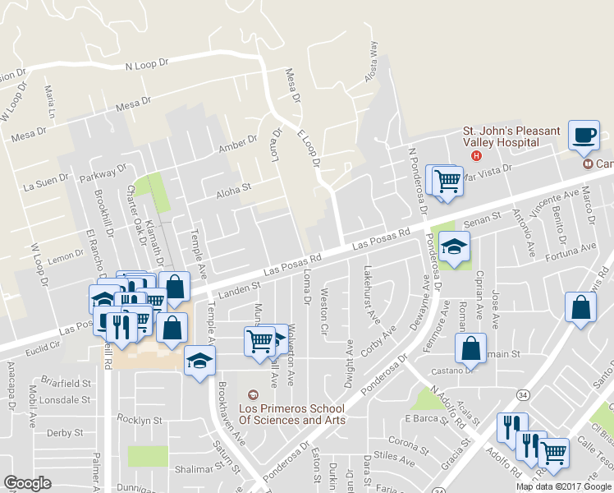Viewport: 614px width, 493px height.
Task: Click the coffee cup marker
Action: point(584,135)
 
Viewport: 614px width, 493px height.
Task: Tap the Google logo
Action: point(27,483)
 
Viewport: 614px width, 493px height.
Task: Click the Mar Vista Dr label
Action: point(488,173)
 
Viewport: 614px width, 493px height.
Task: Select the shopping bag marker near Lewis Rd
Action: point(580,307)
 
